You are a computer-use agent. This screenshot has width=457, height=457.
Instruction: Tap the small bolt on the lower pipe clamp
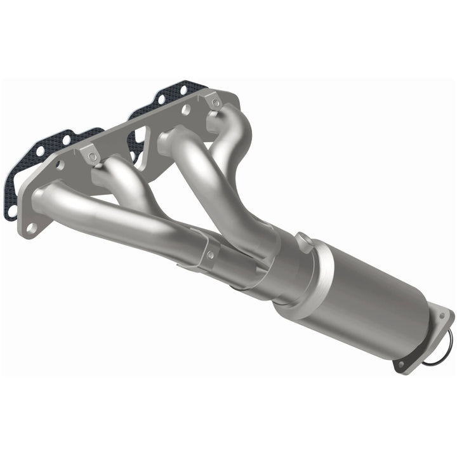pyautogui.click(x=210, y=255)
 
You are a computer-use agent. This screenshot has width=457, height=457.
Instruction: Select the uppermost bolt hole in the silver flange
pyautogui.click(x=216, y=102)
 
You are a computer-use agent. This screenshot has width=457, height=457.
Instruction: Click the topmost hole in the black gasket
pyautogui.click(x=184, y=88)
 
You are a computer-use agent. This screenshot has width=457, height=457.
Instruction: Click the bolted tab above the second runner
pyautogui.click(x=90, y=154)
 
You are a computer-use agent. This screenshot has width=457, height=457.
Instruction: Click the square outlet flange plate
pyautogui.click(x=422, y=340)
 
